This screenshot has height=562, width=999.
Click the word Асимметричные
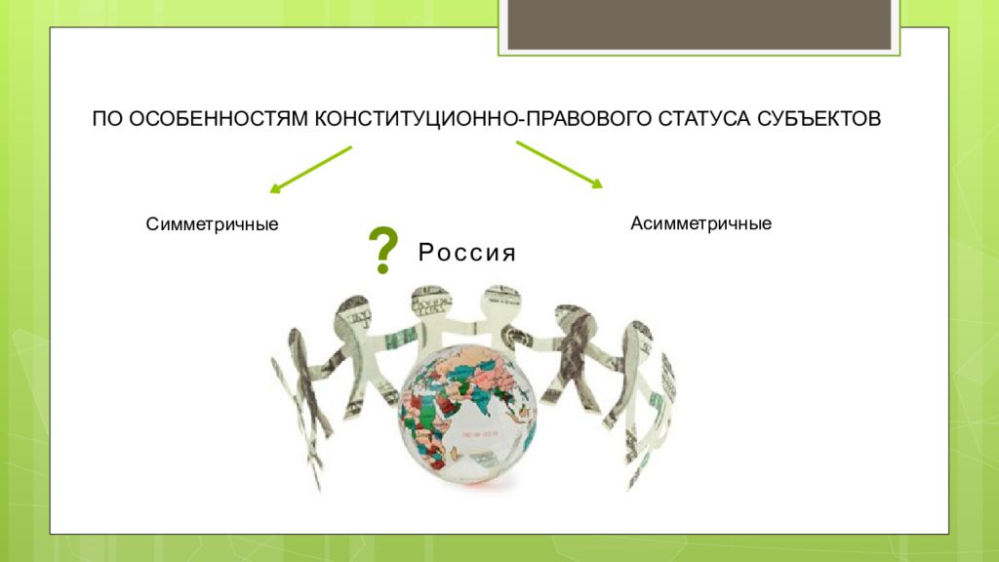click(700, 223)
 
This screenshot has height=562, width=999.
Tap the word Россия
click(466, 254)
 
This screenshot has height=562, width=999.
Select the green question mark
click(382, 251)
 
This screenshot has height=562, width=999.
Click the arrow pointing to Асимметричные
click(559, 163)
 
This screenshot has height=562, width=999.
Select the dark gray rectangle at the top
click(697, 24)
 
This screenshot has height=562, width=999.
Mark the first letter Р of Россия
click(426, 254)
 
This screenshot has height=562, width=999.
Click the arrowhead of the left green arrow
click(274, 188)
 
